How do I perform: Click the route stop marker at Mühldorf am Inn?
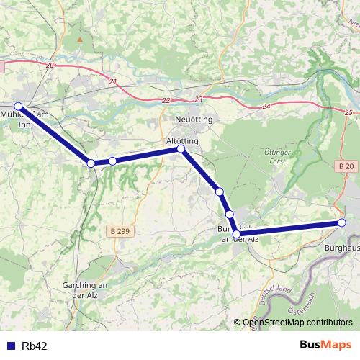tap(19, 107)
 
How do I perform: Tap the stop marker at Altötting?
tap(181, 149)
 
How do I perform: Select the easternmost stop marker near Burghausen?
tap(342, 223)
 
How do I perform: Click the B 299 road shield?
tap(122, 230)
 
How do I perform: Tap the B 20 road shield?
tap(346, 166)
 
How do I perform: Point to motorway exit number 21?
tap(112, 81)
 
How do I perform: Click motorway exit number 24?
tap(266, 107)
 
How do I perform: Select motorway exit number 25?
tap(349, 112)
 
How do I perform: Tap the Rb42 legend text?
tap(34, 346)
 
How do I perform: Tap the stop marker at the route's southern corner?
tap(236, 233)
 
